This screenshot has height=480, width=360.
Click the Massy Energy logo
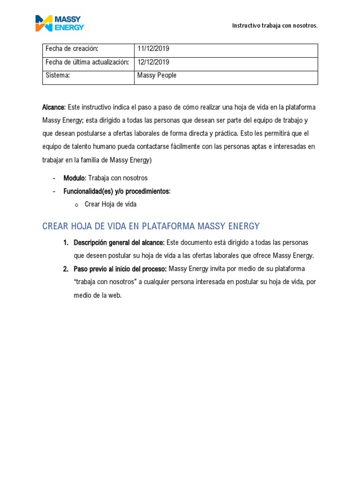[x=60, y=23]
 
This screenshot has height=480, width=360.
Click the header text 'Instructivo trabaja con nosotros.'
[x=275, y=25]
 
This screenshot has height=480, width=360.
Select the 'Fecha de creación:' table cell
[x=72, y=49]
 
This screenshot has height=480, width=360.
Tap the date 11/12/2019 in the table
[x=153, y=49]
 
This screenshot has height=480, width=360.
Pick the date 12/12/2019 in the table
[x=153, y=62]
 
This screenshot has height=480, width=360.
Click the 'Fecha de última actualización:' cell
[x=87, y=62]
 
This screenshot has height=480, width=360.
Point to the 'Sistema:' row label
[x=57, y=75]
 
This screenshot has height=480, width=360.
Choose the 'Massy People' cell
[x=157, y=75]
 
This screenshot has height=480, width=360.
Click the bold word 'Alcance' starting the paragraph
[x=53, y=107]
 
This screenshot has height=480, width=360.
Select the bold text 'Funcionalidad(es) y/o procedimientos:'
[x=117, y=191]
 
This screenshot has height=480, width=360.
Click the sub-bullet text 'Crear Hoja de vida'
[x=110, y=204]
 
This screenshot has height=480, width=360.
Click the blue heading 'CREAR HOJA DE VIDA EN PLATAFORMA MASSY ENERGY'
[x=150, y=226]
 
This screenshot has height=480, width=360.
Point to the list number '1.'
[x=66, y=242]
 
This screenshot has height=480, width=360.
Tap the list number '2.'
[x=66, y=269]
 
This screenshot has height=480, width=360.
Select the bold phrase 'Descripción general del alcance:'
[x=119, y=242]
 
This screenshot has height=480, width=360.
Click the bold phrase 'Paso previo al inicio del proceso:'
[x=120, y=269]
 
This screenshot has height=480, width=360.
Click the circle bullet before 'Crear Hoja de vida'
[x=76, y=205]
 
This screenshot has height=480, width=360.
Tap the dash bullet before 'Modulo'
[x=54, y=178]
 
